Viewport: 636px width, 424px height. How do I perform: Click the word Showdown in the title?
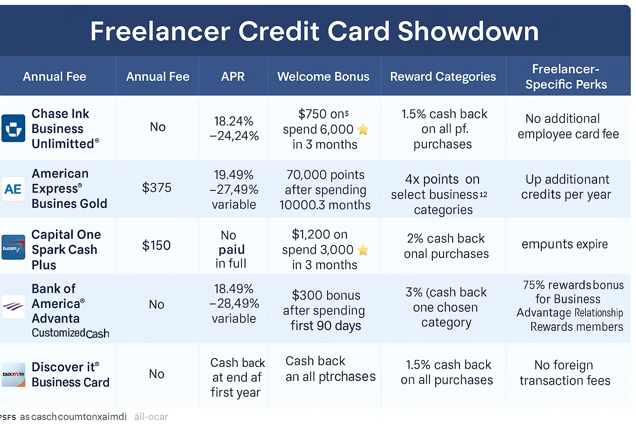[x=468, y=31]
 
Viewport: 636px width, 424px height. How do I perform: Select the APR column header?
[x=233, y=77]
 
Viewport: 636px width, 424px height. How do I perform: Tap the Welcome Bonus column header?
[x=323, y=77]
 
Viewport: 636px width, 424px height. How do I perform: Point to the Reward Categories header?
[x=443, y=77]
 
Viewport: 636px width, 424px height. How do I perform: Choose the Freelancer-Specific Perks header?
[x=566, y=77]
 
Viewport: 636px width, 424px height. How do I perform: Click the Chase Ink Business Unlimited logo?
[x=13, y=128]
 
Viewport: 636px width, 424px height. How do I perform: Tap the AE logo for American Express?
[x=13, y=189]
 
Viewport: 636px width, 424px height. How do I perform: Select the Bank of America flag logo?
[x=13, y=306]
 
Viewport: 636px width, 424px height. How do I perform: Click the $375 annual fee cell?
[x=157, y=188]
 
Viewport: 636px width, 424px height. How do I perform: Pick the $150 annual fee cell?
[x=157, y=245]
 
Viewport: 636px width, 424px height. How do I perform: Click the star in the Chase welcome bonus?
[x=363, y=130]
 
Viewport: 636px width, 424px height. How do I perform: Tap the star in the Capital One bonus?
[x=363, y=250]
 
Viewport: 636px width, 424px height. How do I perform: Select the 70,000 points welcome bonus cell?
[x=325, y=190]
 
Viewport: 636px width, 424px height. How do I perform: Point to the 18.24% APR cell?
[x=234, y=128]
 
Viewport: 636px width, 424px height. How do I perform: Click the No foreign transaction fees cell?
[x=565, y=373]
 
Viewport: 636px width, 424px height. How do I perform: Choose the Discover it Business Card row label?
[x=70, y=374]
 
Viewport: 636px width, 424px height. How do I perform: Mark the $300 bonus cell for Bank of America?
[x=325, y=310]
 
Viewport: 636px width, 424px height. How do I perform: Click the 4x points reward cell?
[x=443, y=194]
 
